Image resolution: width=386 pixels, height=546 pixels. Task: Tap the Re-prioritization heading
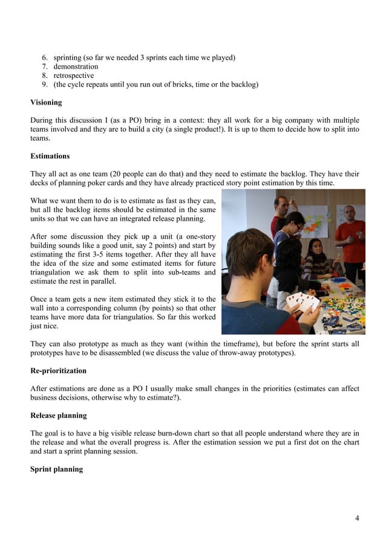58,370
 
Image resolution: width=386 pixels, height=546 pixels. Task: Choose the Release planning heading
58,415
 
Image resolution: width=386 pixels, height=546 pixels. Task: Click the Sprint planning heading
56,469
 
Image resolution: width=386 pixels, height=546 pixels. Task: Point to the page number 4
357,518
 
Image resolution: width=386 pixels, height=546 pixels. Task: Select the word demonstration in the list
76,67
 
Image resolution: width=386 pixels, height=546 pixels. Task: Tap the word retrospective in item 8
73,76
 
